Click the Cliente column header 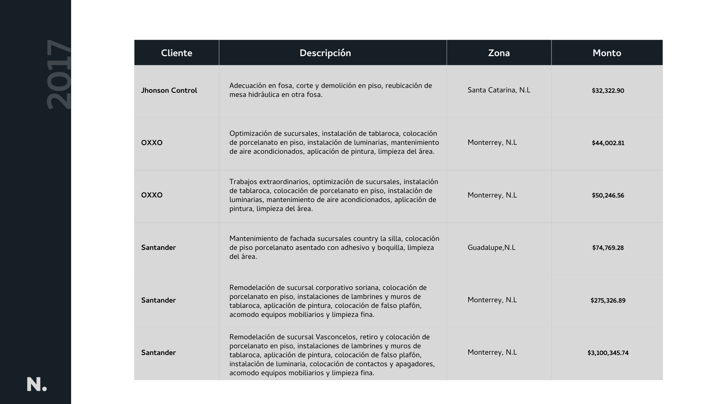(177, 53)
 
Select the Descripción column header (325, 53)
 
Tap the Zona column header (499, 53)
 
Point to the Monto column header (607, 53)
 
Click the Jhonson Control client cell (169, 91)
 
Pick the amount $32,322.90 (608, 91)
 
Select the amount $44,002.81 (608, 143)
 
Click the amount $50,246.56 (608, 196)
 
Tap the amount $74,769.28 (608, 248)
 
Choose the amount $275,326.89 (608, 301)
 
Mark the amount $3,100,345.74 (608, 353)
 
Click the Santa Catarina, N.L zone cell (499, 90)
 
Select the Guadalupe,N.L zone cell (491, 248)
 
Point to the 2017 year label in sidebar (59, 75)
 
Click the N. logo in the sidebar (37, 385)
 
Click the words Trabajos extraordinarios (269, 182)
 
